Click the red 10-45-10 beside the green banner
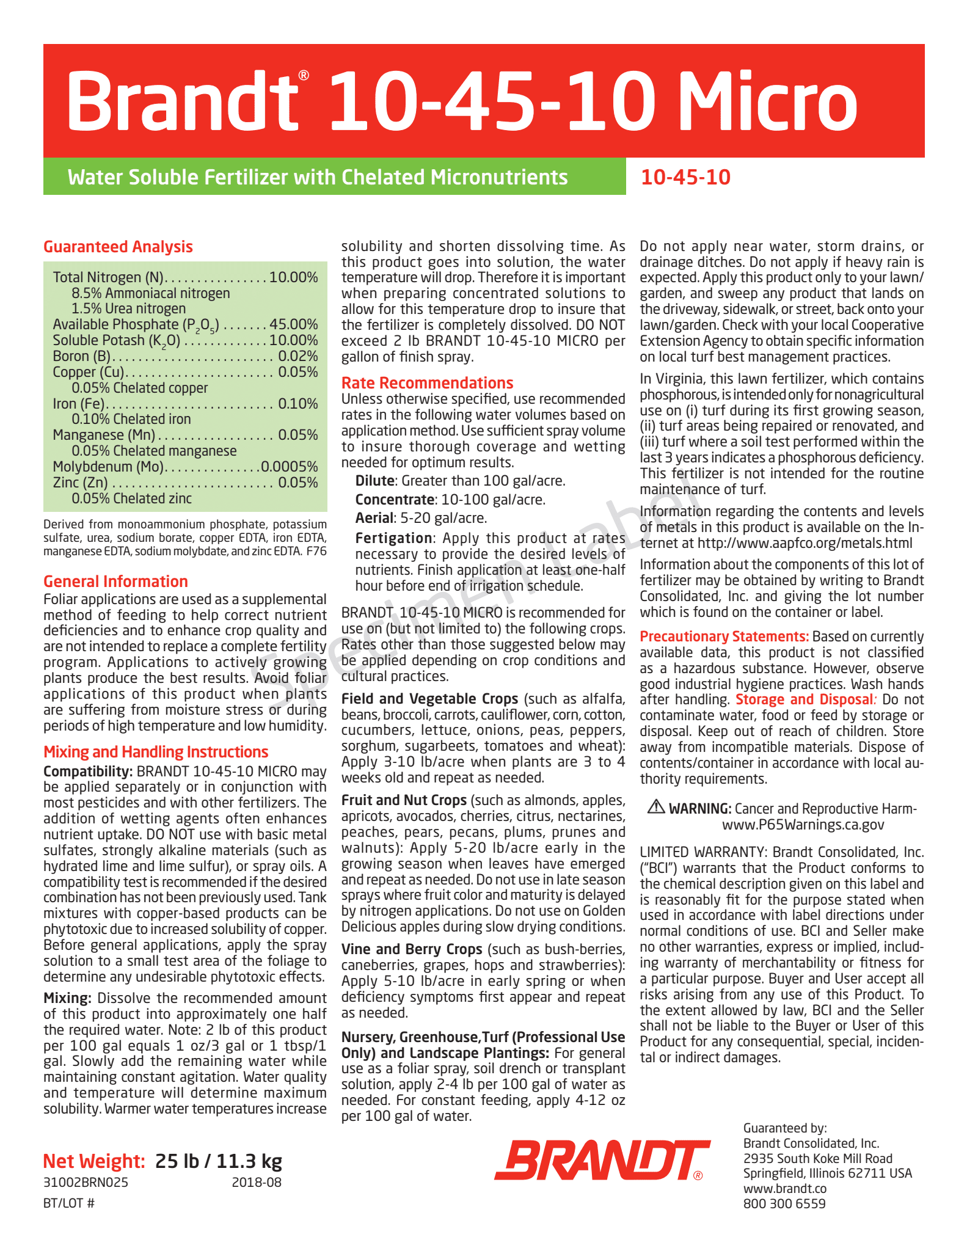(685, 177)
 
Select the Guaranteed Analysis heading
(118, 247)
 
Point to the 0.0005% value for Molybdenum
(290, 467)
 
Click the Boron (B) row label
(81, 356)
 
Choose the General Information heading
(115, 582)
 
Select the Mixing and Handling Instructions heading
(156, 752)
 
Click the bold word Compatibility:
(88, 771)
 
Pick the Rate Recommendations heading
(427, 383)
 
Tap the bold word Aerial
(374, 518)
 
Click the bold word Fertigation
(393, 538)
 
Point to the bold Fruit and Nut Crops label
(404, 800)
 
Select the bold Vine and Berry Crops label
(412, 949)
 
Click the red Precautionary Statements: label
(724, 636)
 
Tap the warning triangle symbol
(656, 807)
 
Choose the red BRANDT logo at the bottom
(602, 1159)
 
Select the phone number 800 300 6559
(784, 1204)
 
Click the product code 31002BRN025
(86, 1182)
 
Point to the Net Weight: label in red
(94, 1161)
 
